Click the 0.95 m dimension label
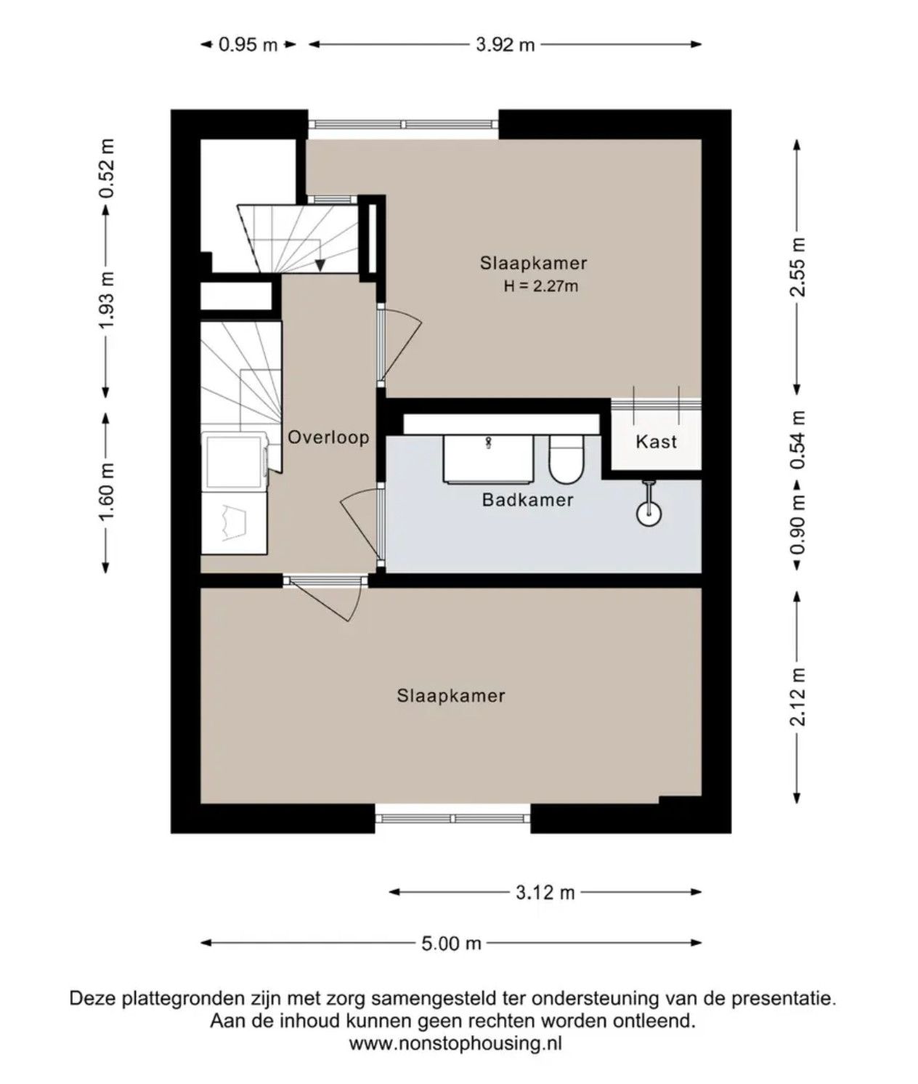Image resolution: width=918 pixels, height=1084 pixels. click(248, 45)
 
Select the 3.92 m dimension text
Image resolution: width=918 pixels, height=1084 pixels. click(505, 45)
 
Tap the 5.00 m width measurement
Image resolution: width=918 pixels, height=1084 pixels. click(451, 944)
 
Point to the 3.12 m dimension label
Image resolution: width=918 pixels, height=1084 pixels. click(545, 892)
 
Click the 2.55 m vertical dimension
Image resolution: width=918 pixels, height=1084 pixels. click(797, 267)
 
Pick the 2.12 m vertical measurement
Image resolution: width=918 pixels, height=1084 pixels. click(797, 697)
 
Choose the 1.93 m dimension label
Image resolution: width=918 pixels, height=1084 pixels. click(107, 301)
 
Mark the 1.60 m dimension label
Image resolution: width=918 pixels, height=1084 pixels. click(107, 493)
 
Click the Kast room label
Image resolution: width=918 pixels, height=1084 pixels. click(656, 442)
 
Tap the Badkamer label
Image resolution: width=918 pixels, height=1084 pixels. click(527, 500)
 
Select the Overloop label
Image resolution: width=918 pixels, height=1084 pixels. click(329, 437)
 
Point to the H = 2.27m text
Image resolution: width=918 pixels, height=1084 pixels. click(541, 286)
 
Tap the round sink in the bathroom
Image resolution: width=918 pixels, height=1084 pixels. click(649, 514)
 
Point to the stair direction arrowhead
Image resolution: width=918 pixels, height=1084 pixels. click(320, 265)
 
